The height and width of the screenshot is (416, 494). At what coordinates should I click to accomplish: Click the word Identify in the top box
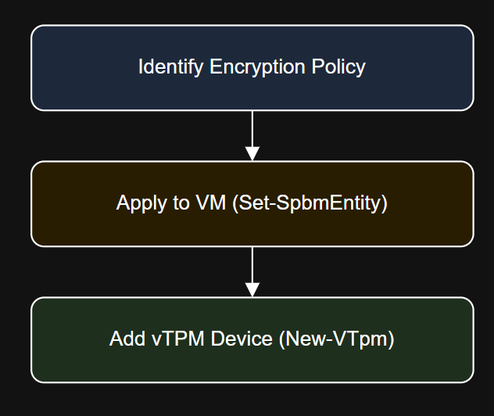pyautogui.click(x=171, y=67)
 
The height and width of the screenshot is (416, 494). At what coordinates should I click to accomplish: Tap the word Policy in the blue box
pyautogui.click(x=339, y=68)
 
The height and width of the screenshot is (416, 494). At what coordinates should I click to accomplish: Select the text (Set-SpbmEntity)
pyautogui.click(x=310, y=204)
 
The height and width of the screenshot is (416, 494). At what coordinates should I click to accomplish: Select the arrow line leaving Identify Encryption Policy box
pyautogui.click(x=252, y=129)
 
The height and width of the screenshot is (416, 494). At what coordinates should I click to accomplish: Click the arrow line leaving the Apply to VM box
pyautogui.click(x=252, y=266)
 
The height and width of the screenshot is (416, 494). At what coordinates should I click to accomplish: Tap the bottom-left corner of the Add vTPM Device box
pyautogui.click(x=33, y=381)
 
